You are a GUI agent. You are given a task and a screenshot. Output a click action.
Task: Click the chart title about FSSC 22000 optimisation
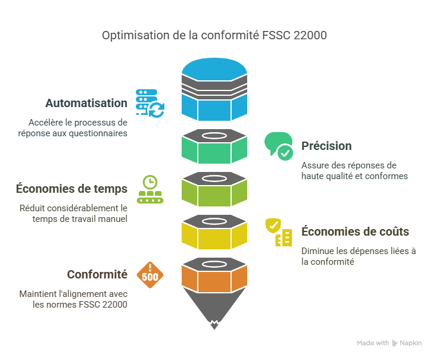click(x=214, y=36)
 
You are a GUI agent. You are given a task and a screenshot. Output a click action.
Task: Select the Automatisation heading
click(x=86, y=103)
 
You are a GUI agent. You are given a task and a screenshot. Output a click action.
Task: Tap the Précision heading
click(x=326, y=146)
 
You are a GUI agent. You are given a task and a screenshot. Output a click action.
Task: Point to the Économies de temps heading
click(x=71, y=189)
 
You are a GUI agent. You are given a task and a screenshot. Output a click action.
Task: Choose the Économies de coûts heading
click(x=355, y=231)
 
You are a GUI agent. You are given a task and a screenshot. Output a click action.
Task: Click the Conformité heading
click(x=97, y=274)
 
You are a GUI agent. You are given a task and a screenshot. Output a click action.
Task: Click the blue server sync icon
click(x=150, y=103)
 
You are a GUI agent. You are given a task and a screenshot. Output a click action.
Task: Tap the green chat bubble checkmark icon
click(x=279, y=146)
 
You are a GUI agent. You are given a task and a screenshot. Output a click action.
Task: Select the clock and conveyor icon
click(x=150, y=189)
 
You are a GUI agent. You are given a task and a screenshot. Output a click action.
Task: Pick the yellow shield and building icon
click(x=279, y=232)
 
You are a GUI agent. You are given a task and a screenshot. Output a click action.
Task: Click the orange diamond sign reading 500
click(x=150, y=275)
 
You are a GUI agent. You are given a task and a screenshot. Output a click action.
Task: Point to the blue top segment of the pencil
click(x=214, y=89)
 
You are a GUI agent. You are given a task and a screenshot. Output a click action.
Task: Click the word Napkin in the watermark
click(x=410, y=343)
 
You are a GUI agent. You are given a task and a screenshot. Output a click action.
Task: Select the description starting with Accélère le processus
click(x=78, y=128)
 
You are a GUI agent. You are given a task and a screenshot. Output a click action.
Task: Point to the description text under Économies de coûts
click(x=358, y=256)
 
